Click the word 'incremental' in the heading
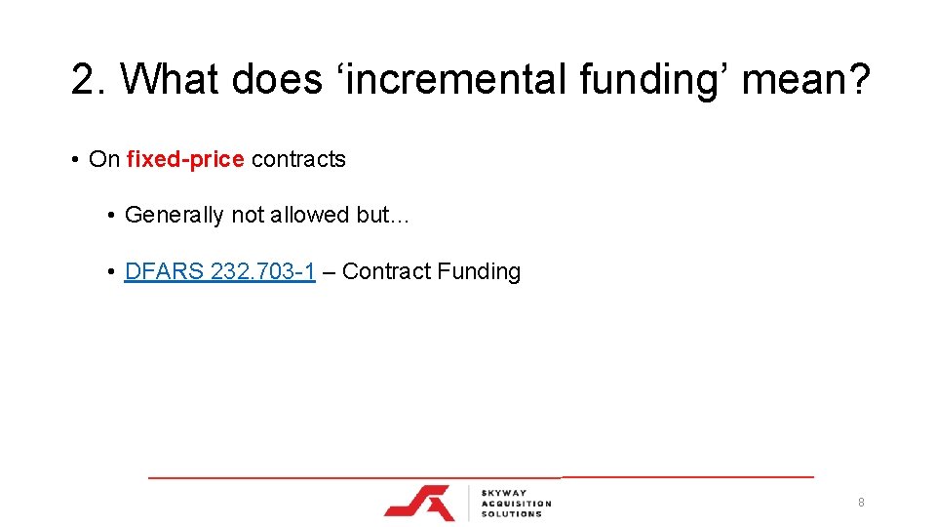pos(455,79)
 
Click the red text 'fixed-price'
pos(185,159)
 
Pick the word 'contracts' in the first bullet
pos(298,159)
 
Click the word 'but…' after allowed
pos(383,215)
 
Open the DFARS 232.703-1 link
pos(219,271)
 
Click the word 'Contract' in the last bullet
pos(386,271)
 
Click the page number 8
pos(861,503)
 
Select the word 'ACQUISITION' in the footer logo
pos(517,504)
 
